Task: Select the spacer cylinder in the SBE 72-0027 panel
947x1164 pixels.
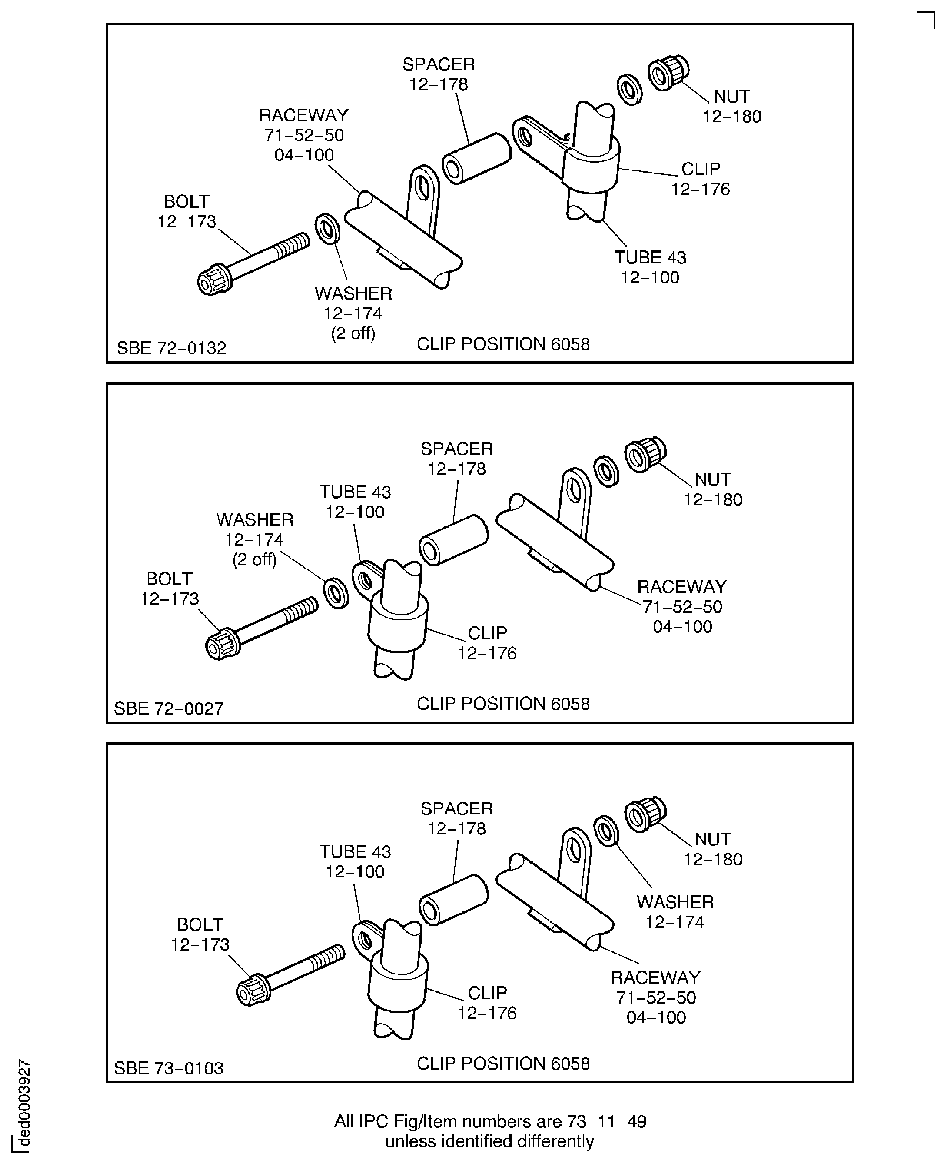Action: pyautogui.click(x=453, y=540)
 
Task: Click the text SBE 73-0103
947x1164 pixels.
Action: pyautogui.click(x=169, y=1068)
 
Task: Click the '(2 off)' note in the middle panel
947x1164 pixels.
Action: pyautogui.click(x=255, y=560)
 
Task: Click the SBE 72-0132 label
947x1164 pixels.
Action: pyautogui.click(x=171, y=348)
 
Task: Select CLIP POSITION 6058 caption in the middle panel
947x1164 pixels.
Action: pyautogui.click(x=503, y=704)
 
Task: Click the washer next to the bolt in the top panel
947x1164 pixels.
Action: pyautogui.click(x=327, y=229)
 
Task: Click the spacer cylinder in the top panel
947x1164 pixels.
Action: pyautogui.click(x=476, y=158)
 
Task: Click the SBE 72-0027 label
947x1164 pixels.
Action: pyautogui.click(x=169, y=709)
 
